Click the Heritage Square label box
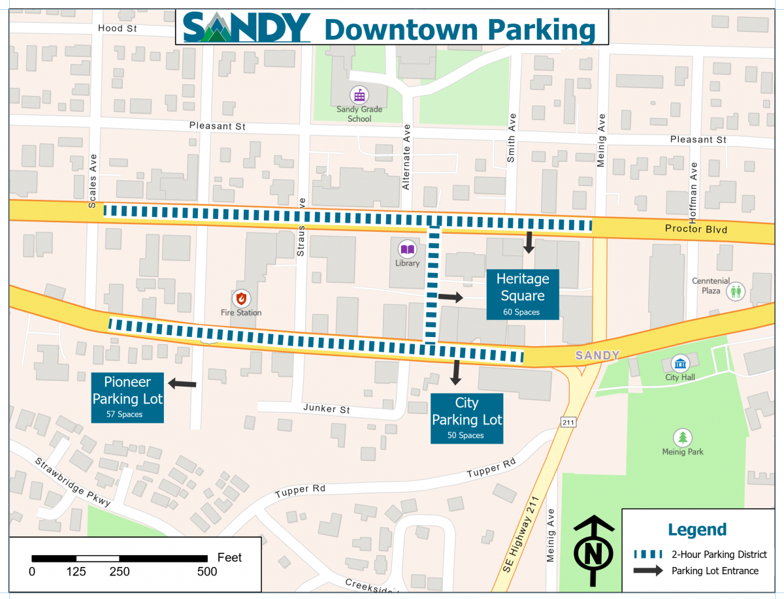523,294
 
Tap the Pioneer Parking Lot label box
127,397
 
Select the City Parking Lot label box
466,418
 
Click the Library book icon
408,249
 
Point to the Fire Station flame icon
242,298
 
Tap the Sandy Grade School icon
359,93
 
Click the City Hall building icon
681,363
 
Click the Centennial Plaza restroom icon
736,291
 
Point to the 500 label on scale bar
207,572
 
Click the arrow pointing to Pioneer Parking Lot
182,384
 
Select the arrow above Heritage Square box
529,242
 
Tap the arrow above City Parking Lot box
455,372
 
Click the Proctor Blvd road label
696,229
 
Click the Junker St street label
327,409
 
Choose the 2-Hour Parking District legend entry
700,555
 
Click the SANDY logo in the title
247,28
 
